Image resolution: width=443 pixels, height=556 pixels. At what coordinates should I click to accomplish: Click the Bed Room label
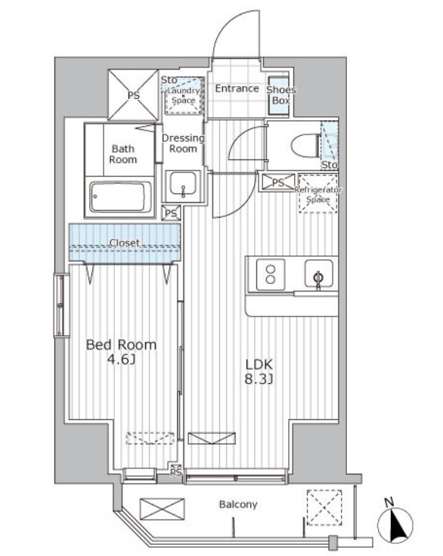121,344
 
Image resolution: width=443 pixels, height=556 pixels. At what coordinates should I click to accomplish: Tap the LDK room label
259,364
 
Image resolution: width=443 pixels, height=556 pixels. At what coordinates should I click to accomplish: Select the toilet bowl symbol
305,145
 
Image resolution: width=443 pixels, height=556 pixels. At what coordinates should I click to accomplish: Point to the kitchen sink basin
319,273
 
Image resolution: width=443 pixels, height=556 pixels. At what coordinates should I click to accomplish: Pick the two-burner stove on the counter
271,274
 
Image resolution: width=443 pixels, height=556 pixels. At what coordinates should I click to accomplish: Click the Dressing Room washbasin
182,184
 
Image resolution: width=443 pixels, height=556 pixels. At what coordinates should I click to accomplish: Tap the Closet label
124,243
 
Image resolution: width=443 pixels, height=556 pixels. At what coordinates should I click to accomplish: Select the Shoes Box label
281,95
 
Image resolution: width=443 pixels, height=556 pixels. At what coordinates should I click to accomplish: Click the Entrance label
237,88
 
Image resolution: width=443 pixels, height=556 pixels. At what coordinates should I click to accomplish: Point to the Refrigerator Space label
318,195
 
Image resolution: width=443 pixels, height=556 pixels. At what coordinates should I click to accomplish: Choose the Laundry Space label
184,96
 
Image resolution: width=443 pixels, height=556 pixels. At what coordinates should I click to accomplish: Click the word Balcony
238,505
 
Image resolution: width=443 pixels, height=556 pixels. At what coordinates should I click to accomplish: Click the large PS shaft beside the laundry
133,94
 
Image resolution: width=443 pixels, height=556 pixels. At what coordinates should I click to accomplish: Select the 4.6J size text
122,360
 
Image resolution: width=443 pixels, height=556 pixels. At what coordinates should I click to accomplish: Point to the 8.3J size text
259,379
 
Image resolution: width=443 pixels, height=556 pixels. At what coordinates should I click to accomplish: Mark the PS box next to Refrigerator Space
277,183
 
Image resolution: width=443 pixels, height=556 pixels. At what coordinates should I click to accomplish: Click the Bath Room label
122,154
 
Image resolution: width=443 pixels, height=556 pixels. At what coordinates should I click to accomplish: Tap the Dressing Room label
183,144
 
